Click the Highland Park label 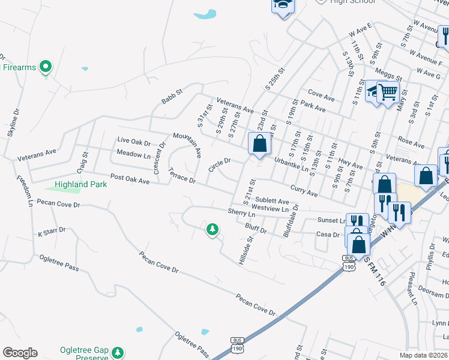tap(81, 184)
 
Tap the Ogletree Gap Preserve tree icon tap(119, 352)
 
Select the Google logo tap(20, 353)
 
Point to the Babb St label tap(171, 98)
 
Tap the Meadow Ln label tap(133, 154)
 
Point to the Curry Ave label tap(304, 191)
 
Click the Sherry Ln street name tap(241, 212)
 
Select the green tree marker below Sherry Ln tap(212, 229)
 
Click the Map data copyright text tap(424, 355)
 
